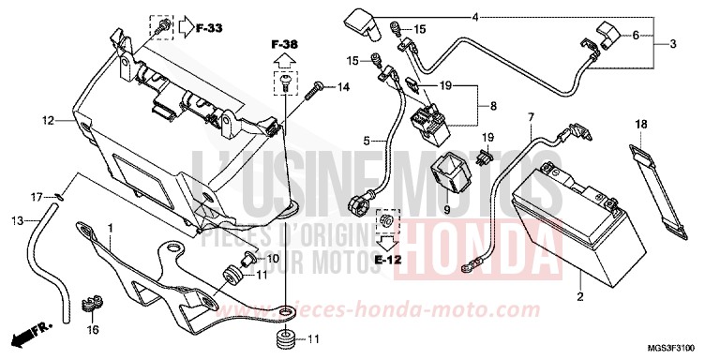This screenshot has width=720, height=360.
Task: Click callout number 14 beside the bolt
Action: pos(343,88)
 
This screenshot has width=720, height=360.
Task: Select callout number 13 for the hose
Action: pos(16,220)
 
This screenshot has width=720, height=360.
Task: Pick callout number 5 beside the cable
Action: pos(367,142)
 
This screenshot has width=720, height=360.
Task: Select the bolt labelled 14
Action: pos(315,89)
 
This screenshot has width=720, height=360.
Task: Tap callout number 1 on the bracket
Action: pos(112,228)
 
